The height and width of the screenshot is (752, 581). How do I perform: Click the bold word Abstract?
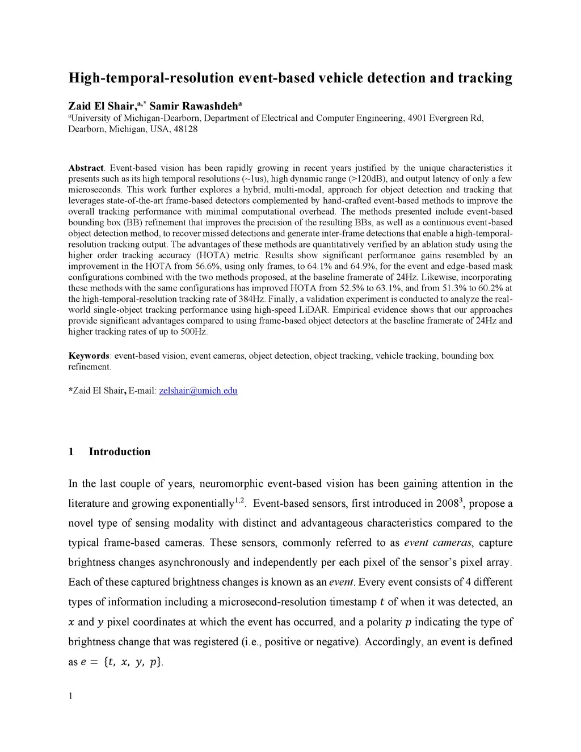pos(86,168)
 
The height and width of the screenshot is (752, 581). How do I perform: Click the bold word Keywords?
pos(89,356)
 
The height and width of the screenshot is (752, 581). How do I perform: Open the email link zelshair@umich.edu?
pos(198,390)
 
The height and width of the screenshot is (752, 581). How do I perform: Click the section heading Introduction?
pos(120,452)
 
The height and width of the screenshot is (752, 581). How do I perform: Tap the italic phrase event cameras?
pos(438,543)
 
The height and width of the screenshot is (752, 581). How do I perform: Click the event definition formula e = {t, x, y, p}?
pos(123,662)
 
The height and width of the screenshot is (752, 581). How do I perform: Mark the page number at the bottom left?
pos(70,697)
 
